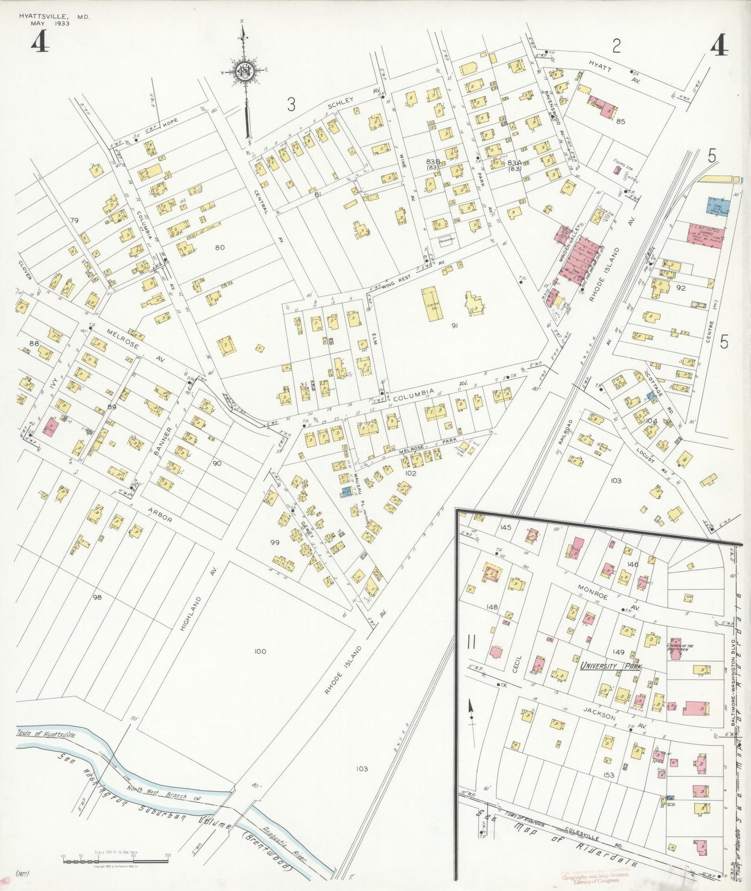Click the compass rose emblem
[243, 72]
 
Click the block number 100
[260, 651]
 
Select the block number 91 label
[454, 326]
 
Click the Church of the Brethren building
[675, 649]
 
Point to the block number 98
[97, 597]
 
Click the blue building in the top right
[718, 205]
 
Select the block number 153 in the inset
[609, 775]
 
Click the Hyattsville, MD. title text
[54, 17]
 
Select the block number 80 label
[219, 247]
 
